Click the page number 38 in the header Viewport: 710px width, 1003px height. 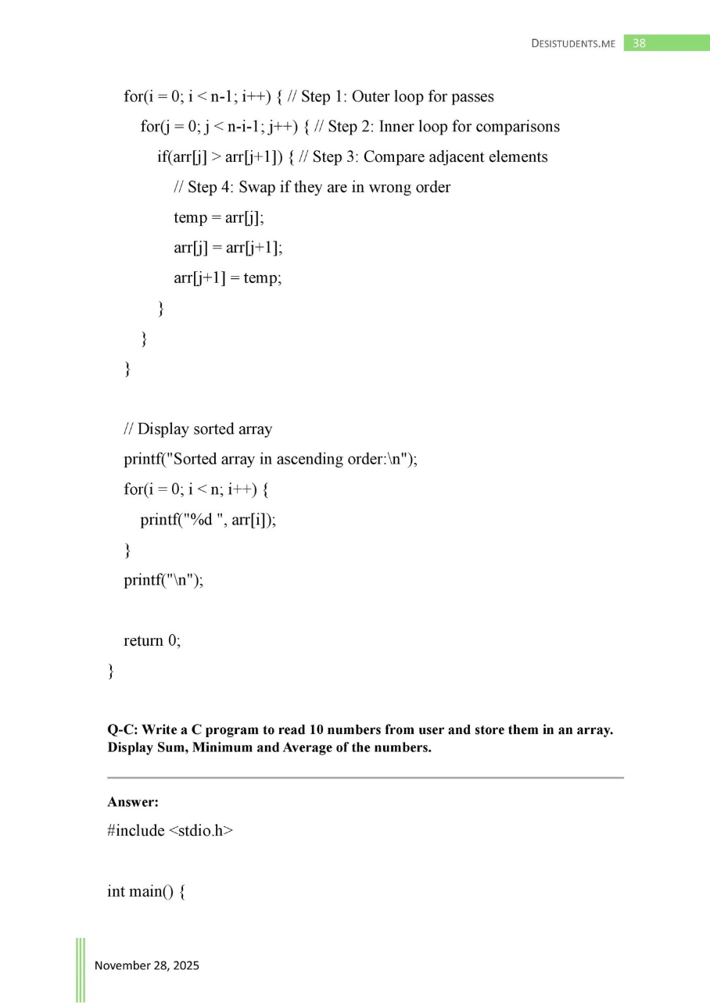[640, 43]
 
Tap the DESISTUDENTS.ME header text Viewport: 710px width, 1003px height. [574, 44]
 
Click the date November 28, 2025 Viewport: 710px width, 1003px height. [147, 965]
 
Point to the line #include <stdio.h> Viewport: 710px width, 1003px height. [170, 830]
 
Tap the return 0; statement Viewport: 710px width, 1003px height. [152, 640]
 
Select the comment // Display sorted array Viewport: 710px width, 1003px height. [198, 429]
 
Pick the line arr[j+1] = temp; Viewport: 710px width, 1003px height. [228, 278]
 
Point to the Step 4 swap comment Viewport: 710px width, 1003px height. [312, 188]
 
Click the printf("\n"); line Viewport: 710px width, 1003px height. [163, 580]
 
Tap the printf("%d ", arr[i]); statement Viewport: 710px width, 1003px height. [208, 520]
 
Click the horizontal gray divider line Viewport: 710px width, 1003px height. [365, 778]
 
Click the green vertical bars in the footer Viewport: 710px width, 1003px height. [81, 969]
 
